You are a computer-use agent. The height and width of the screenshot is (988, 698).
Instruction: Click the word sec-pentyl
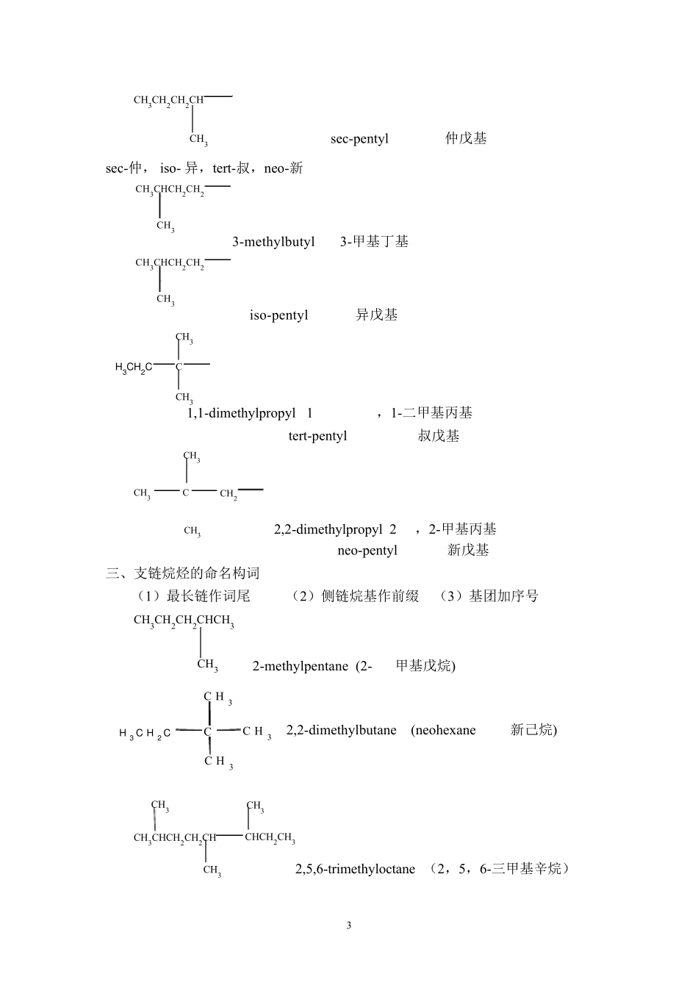pos(359,139)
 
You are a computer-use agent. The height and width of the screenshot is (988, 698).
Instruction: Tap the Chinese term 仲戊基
pos(466,138)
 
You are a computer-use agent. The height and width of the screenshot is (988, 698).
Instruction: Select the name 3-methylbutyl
pos(273,242)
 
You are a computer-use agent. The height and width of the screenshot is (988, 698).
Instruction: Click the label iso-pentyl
pos(278,315)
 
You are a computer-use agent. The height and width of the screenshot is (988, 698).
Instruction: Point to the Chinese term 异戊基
pos(377,315)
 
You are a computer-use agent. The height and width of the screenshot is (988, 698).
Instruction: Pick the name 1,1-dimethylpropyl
pos(241,413)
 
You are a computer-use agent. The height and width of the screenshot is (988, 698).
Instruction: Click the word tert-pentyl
pos(317,436)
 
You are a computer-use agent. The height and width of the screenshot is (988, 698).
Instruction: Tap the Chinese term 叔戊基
pos(439,436)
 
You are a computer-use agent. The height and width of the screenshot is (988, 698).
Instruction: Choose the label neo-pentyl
pos(367,551)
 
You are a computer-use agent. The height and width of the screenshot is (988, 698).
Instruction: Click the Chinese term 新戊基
pos(468,550)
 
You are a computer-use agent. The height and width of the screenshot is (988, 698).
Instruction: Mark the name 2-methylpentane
pos(300,666)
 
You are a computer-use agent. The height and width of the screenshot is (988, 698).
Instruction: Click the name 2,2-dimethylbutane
pos(341,730)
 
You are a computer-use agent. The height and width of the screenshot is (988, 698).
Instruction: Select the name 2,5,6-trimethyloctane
pos(355,869)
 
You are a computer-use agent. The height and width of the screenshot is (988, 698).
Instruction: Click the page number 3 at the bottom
pos(349,925)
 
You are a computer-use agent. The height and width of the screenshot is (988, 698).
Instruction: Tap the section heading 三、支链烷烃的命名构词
pos(183,573)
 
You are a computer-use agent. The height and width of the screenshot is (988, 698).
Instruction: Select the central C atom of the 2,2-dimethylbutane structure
pos(208,731)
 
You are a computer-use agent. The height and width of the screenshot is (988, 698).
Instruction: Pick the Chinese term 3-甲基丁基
pos(374,242)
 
